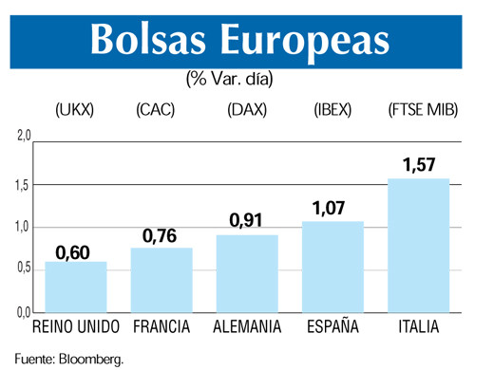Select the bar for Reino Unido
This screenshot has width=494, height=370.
pos(76,287)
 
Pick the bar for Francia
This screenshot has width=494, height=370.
pos(161,280)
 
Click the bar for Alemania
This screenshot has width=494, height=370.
pos(247,273)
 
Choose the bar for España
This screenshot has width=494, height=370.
pos(332,267)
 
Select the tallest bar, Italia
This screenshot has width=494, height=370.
pos(418,245)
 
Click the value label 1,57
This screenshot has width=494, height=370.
pos(418,166)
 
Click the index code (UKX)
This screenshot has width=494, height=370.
pos(75,110)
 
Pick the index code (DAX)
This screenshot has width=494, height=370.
pos(247,110)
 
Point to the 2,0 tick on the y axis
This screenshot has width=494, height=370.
pos(24,136)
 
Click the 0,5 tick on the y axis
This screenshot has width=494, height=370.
pos(24,268)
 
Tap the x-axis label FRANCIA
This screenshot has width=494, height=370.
pos(161,327)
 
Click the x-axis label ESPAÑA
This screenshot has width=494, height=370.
pos(332,327)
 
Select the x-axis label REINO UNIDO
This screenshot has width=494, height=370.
pos(76,327)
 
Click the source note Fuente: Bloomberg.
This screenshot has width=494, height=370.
pos(68,358)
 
